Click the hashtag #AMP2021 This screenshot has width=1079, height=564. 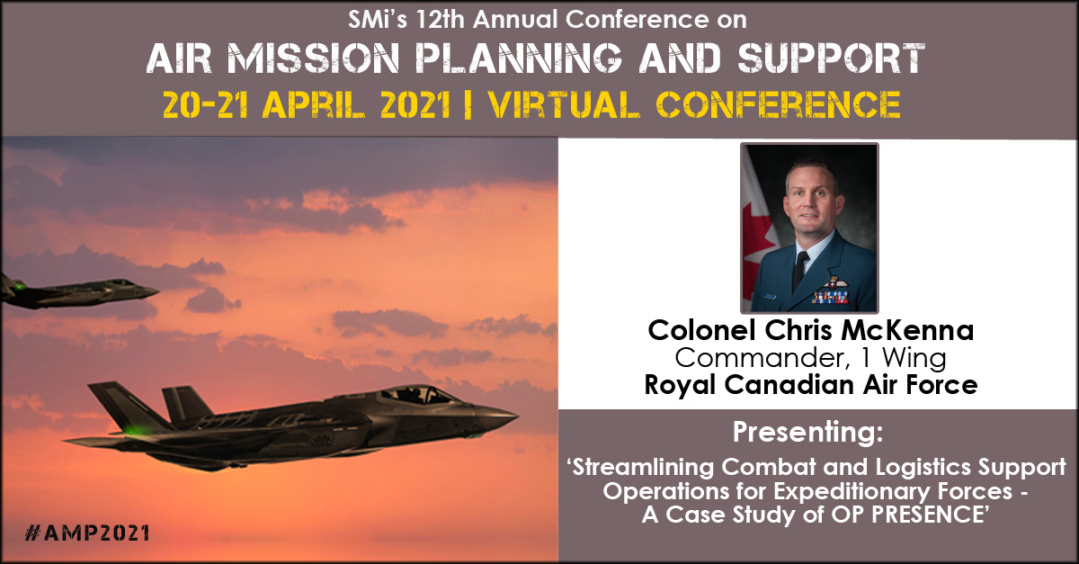[86, 533]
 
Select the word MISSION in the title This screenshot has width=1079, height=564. [313, 58]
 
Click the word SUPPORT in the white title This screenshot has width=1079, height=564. [831, 58]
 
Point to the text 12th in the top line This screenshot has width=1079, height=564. [441, 19]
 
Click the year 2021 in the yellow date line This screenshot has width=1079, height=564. [415, 104]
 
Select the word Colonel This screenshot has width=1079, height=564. [702, 331]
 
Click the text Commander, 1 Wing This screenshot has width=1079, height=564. [810, 358]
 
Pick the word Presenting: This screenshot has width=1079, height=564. [807, 432]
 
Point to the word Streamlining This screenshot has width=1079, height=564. [643, 467]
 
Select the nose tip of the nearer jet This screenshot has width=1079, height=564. [515, 414]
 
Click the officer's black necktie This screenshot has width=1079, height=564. [799, 271]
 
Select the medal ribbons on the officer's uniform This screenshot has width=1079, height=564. [831, 298]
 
